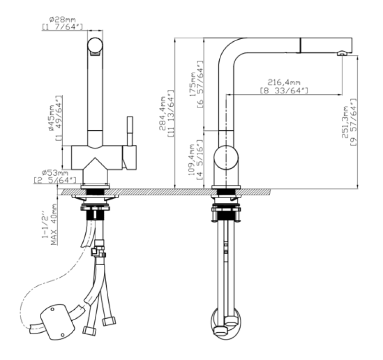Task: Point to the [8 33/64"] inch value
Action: (x=283, y=90)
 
